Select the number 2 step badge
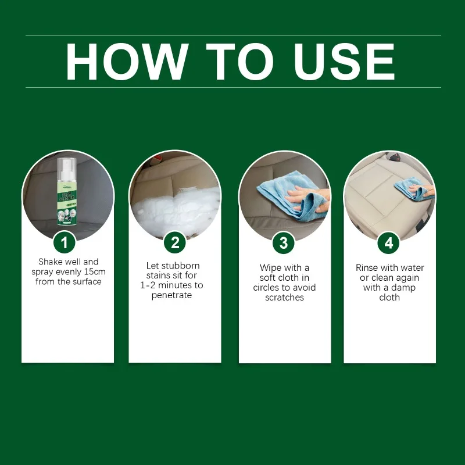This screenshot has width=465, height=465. click(174, 242)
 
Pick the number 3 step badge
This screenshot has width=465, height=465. click(284, 242)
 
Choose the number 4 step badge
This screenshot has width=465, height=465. click(389, 242)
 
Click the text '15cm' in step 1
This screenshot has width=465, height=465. click(94, 272)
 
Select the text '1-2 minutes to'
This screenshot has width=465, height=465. click(171, 285)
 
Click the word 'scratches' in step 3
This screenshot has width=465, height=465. click(284, 298)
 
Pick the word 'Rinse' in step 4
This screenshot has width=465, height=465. click(367, 268)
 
